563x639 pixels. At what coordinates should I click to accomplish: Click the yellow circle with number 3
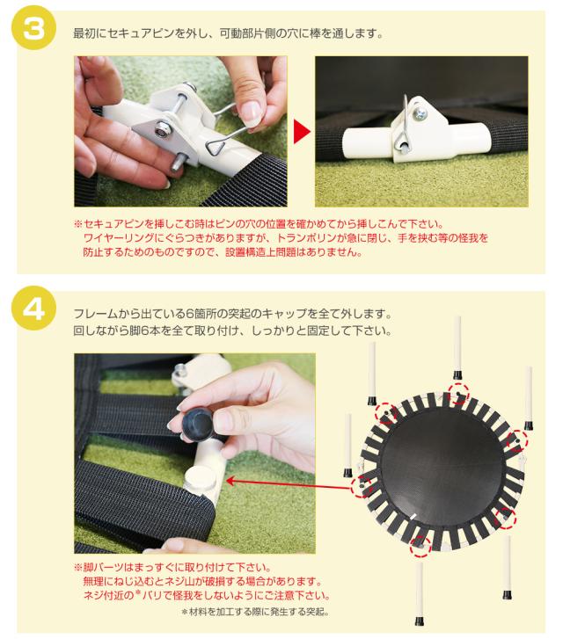tap(33, 29)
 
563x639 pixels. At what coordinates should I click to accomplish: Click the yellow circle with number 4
tap(33, 309)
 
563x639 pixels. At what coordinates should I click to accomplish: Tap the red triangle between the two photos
tap(302, 131)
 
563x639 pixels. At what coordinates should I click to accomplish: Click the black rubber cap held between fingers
tap(197, 425)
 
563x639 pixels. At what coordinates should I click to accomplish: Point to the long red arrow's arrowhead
tap(230, 481)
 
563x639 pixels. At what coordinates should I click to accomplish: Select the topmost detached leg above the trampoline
tap(457, 347)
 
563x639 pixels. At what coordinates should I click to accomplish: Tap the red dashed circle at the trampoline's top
tap(458, 393)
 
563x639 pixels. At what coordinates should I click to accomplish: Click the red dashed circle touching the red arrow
tap(362, 486)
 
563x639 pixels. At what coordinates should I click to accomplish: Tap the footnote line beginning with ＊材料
tap(255, 612)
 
